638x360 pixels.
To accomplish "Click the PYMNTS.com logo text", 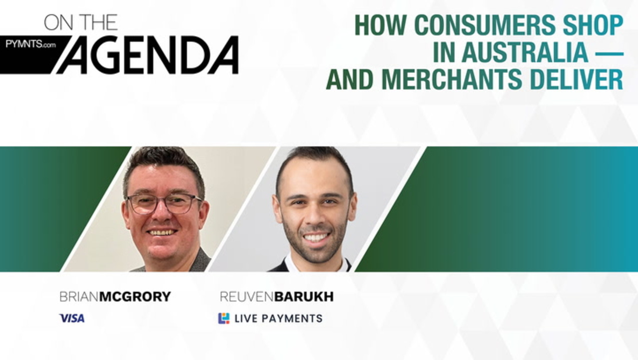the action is point(31,44).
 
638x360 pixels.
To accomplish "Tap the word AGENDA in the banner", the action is point(147,55).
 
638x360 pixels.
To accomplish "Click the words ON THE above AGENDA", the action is point(81,22).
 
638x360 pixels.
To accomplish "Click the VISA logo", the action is point(72,318).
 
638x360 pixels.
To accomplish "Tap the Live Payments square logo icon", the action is point(224,318).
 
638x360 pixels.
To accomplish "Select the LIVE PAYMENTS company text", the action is point(279,318).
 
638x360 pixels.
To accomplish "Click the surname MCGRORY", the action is point(135,296).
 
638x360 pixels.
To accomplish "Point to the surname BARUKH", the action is point(304,296).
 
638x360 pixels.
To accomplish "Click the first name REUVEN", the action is point(247,296).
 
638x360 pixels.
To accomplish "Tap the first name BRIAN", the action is point(79,296).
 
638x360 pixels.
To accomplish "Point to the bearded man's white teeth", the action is point(315,237).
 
